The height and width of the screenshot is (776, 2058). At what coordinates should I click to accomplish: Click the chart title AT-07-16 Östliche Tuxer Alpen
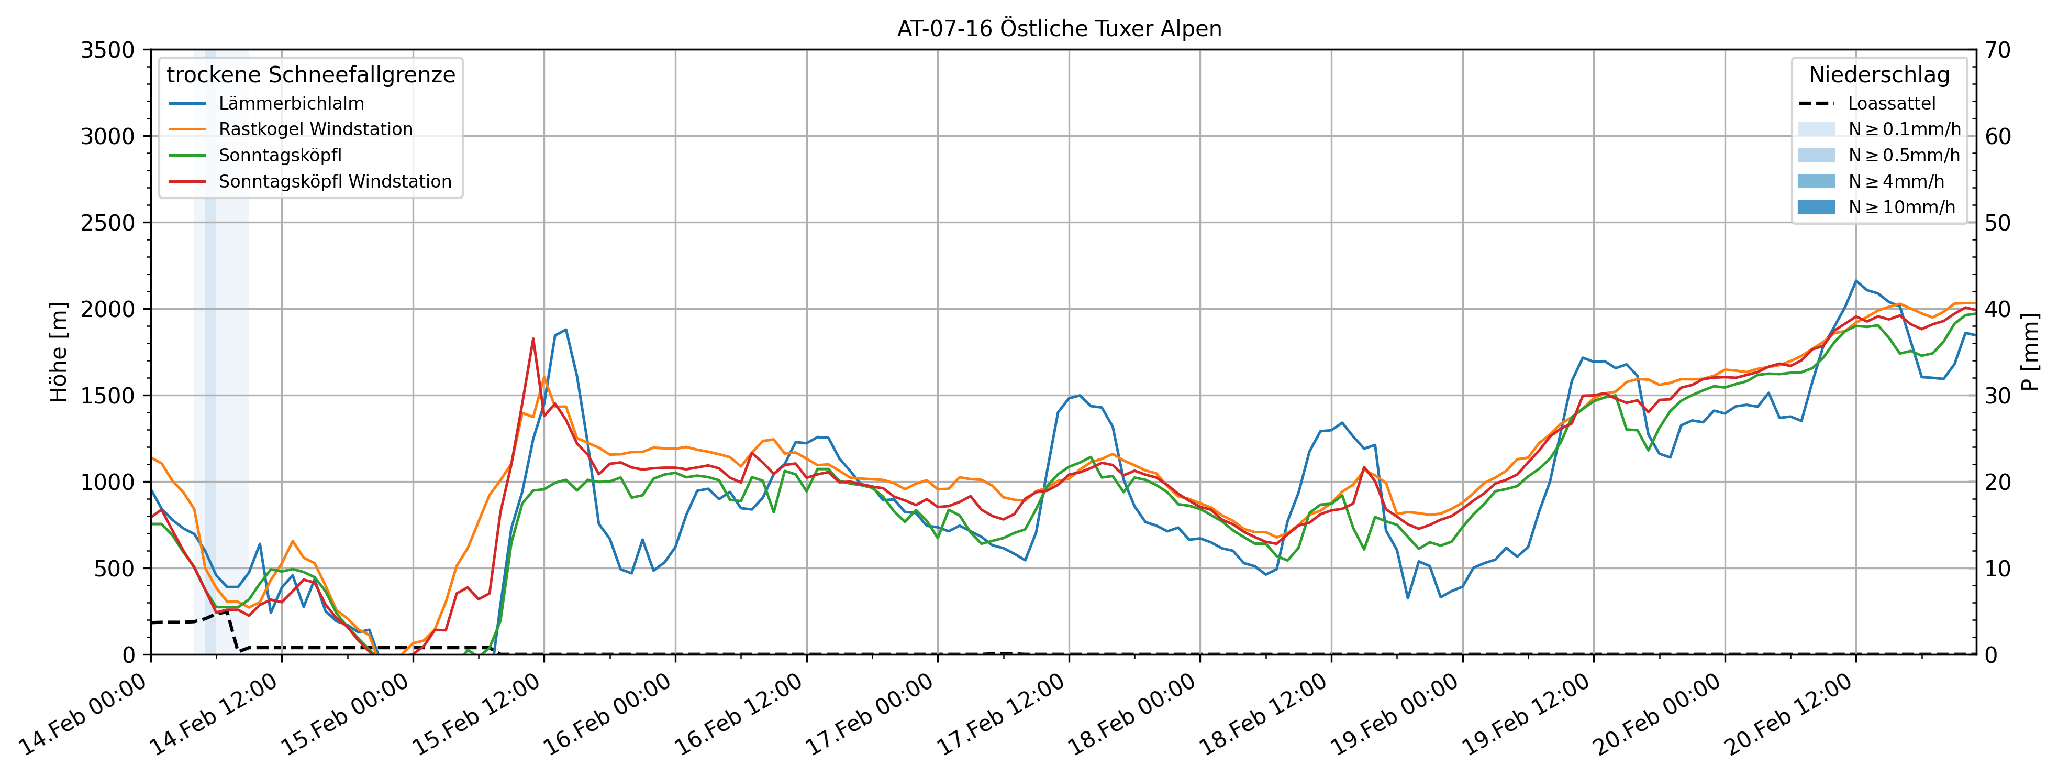point(1059,29)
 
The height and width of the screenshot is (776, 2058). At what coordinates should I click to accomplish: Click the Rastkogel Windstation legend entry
point(316,129)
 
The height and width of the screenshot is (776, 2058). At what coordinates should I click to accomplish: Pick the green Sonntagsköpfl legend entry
point(280,155)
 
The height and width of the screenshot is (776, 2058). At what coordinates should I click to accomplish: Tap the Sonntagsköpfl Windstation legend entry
point(335,181)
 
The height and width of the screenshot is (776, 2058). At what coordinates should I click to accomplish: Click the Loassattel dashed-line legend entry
point(1891,104)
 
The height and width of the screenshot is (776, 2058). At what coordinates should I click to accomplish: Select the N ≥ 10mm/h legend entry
point(1901,207)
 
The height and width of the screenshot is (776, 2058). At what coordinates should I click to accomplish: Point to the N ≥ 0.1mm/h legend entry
point(1904,129)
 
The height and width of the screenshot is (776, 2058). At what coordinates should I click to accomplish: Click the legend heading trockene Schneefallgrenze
point(311,75)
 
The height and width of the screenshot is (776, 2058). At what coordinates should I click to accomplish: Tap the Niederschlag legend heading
point(1879,75)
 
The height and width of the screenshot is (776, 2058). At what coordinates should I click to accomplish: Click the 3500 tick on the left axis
point(108,50)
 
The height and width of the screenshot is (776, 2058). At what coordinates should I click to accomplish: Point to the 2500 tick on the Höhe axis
point(108,223)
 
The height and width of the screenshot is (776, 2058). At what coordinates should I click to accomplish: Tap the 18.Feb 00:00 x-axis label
point(1133,715)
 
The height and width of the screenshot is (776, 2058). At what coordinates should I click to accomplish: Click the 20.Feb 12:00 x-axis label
point(1789,715)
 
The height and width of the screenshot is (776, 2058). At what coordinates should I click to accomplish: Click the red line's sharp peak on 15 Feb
point(533,339)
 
